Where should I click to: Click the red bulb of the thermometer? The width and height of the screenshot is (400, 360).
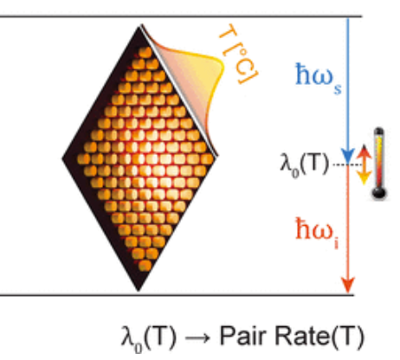(x=377, y=192)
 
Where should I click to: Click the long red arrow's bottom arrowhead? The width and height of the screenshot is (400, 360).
(x=348, y=283)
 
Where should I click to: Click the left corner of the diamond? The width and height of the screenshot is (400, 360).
(x=62, y=158)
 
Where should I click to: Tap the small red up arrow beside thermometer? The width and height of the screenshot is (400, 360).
(x=363, y=154)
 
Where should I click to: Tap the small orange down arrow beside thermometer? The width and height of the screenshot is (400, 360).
(x=363, y=176)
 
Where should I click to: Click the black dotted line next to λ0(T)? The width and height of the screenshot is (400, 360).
(x=340, y=164)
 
